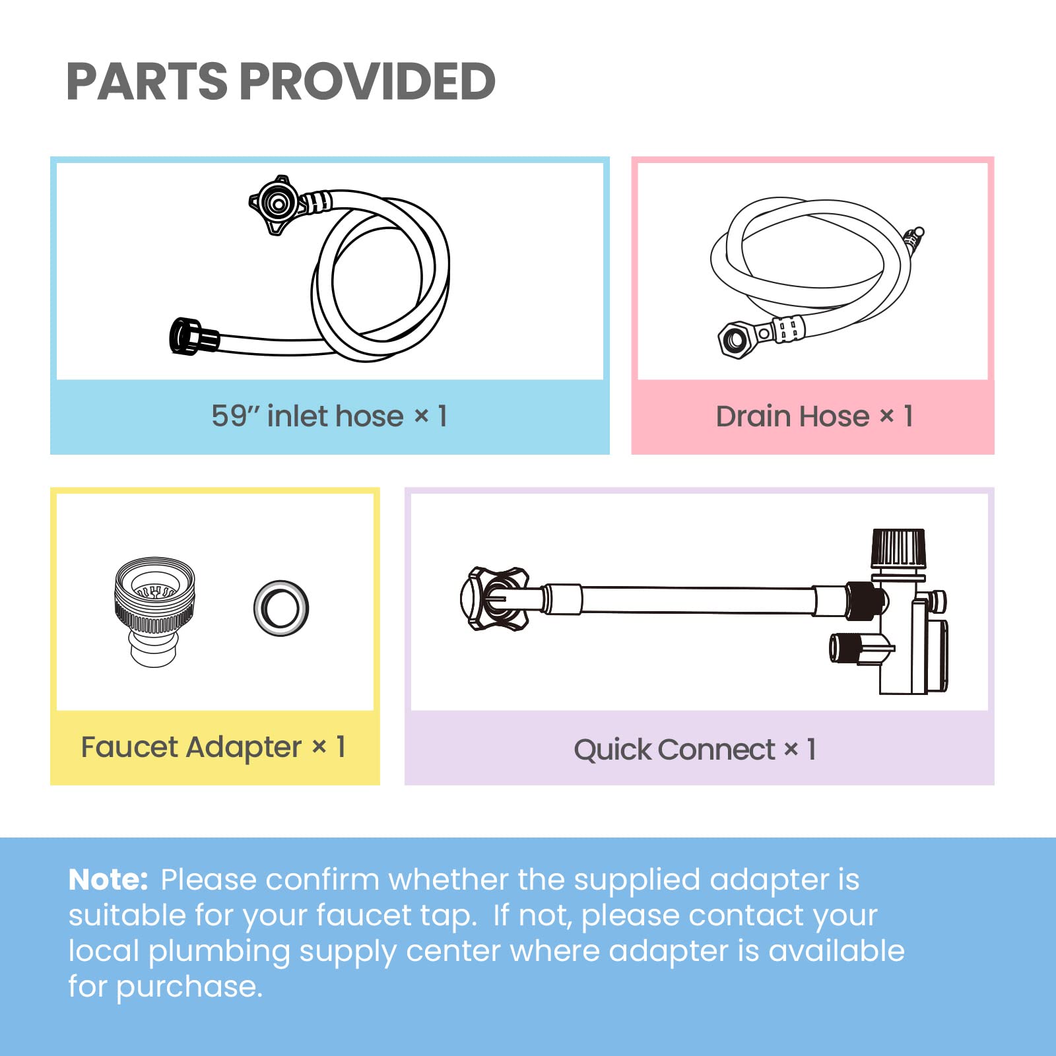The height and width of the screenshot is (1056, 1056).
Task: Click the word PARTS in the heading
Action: [x=147, y=82]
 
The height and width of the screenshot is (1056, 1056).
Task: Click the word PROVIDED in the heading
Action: [x=371, y=82]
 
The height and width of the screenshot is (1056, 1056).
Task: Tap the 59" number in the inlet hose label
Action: [x=236, y=416]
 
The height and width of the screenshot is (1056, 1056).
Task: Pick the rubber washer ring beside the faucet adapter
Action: [x=281, y=608]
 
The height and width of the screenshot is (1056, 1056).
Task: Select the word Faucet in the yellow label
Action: [x=129, y=747]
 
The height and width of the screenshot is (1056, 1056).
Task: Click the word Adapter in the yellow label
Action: [x=244, y=747]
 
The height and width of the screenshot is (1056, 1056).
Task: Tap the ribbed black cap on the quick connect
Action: [x=898, y=547]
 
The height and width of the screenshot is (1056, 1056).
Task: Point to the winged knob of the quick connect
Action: [x=495, y=599]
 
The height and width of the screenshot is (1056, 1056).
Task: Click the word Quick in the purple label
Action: [x=612, y=750]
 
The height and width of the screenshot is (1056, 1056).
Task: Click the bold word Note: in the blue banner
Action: [x=108, y=880]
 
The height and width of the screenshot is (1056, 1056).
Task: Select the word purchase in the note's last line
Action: [x=189, y=987]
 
